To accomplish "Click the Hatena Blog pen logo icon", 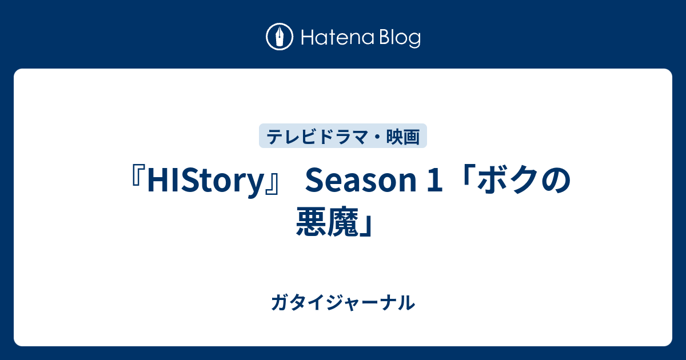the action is (280, 37).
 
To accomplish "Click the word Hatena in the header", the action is (338, 38).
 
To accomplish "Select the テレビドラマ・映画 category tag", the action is (343, 136).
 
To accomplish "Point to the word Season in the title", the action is (361, 181).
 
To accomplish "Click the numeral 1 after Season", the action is (435, 181).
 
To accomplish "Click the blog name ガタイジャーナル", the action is (343, 303).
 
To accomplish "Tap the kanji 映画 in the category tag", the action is (403, 137).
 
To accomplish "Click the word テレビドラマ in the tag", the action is (317, 137).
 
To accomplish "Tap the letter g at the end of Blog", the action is (414, 41).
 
